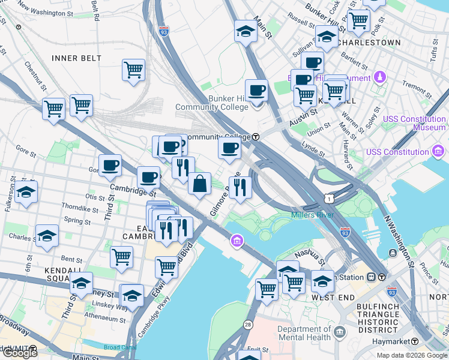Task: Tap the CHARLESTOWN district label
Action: tap(369, 43)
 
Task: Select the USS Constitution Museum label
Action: tap(414, 123)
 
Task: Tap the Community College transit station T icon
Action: tap(256, 137)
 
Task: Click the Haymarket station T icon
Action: tap(415, 341)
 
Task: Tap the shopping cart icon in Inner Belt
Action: tap(133, 70)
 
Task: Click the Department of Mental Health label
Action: tap(305, 334)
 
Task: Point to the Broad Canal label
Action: tap(119, 347)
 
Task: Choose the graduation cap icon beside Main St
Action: tap(246, 32)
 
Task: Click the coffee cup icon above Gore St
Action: tap(110, 166)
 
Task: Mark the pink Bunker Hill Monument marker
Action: tap(380, 77)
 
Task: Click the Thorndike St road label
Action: tap(76, 208)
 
